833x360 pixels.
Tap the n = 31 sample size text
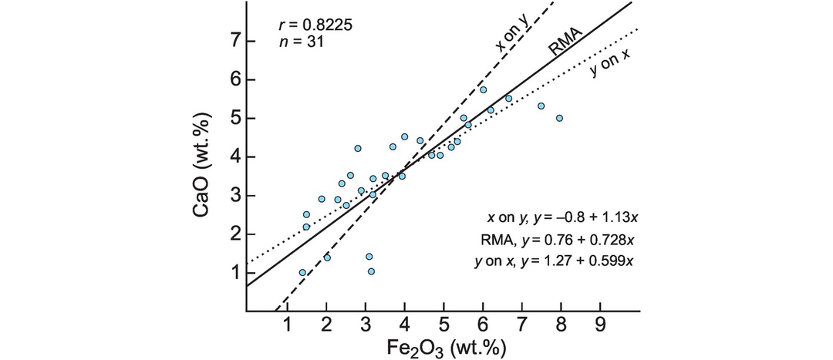tap(301, 42)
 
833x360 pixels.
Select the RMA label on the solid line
tap(565, 40)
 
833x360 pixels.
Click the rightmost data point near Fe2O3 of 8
tap(559, 118)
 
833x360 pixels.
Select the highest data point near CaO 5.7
tap(484, 89)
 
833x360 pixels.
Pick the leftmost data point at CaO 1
tap(302, 272)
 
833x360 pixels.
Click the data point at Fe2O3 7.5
tap(541, 106)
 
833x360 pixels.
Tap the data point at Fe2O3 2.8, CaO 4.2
tap(358, 148)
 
